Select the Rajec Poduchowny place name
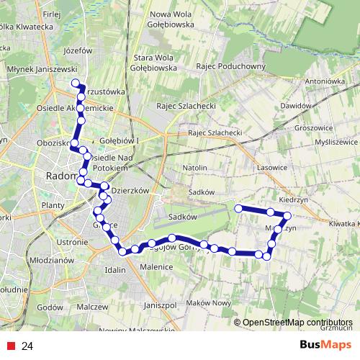click(230, 68)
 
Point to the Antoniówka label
click(325, 81)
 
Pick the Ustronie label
click(71, 242)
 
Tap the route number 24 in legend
click(27, 346)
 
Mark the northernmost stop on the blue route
click(75, 84)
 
